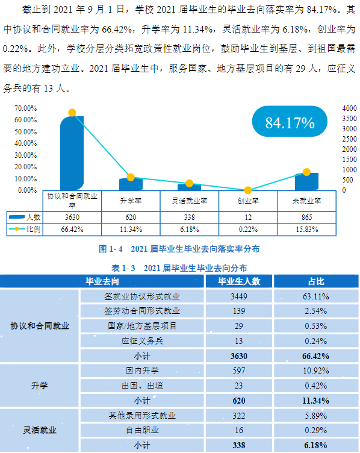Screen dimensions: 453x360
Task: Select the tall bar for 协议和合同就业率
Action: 72,154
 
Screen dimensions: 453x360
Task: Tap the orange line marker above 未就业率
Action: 306,172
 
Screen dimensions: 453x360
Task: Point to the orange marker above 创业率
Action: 247,190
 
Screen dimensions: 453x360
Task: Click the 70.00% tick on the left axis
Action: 26,108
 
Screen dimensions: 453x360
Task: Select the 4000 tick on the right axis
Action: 350,108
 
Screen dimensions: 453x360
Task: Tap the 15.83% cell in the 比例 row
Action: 306,230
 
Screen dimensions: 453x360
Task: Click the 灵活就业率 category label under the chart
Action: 189,201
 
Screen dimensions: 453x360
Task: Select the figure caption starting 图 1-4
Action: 179,248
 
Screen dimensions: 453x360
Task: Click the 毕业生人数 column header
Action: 238,281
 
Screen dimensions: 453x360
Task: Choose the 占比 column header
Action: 316,281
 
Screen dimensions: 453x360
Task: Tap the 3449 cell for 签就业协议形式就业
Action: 238,296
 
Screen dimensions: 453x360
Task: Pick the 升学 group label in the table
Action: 40,385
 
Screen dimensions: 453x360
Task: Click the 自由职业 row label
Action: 142,430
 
